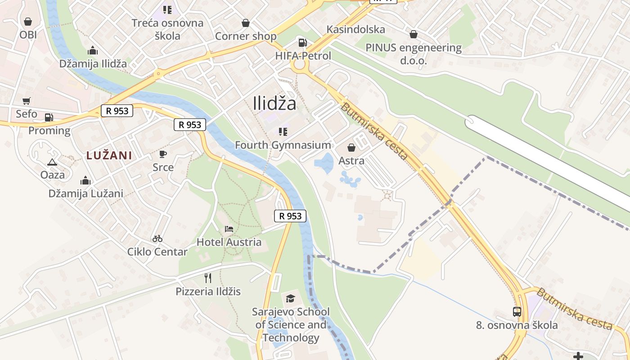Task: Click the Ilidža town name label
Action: (x=274, y=103)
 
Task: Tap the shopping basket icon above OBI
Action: (x=28, y=22)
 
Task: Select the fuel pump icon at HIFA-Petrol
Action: (x=303, y=43)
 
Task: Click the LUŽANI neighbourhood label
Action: (x=109, y=156)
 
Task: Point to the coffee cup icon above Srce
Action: (x=163, y=154)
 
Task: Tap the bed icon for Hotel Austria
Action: (x=229, y=229)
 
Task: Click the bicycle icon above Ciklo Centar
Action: (x=157, y=238)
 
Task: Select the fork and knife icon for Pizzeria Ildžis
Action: (x=208, y=278)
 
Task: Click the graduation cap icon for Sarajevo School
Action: (x=291, y=298)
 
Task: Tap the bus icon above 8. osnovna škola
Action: (x=517, y=311)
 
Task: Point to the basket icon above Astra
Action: (x=351, y=148)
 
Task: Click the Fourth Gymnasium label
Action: (x=283, y=145)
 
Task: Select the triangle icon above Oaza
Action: (x=52, y=162)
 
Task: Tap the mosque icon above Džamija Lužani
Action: (x=85, y=181)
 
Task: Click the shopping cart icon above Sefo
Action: (x=27, y=101)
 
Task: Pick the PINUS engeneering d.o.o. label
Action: (x=414, y=54)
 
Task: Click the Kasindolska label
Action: (x=356, y=30)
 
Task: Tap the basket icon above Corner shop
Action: (x=246, y=23)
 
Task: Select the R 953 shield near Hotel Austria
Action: (x=290, y=216)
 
